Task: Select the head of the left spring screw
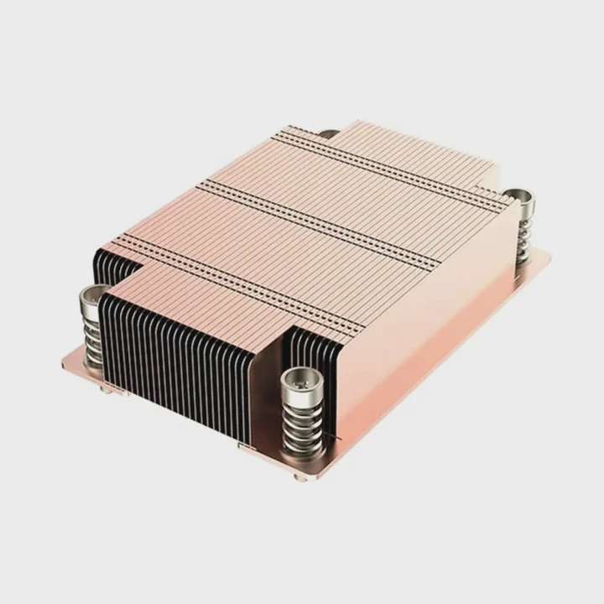point(93,295)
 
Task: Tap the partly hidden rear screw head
point(329,133)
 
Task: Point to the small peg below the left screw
point(107,388)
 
